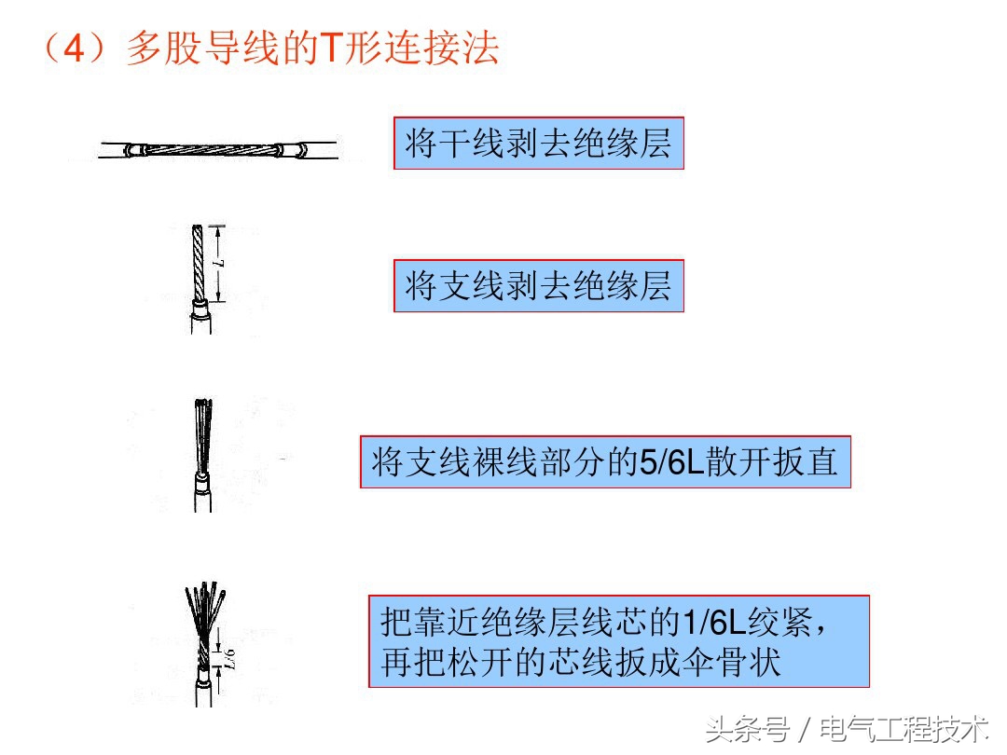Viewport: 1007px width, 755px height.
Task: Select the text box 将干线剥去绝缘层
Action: [x=538, y=144]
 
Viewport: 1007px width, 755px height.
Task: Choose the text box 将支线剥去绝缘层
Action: [x=538, y=286]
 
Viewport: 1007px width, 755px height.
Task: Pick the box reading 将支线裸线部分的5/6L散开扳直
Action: [x=605, y=461]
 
